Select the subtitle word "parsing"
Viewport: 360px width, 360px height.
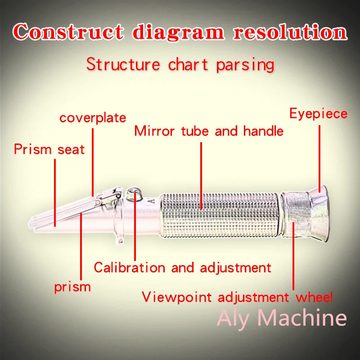(x=245, y=64)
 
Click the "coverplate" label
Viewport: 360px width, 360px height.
(x=93, y=118)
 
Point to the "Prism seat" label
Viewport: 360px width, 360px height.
(x=49, y=149)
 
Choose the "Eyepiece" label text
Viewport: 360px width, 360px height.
(x=318, y=113)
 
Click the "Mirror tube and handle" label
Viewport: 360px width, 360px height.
(x=209, y=131)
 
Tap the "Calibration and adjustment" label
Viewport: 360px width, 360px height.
(x=182, y=267)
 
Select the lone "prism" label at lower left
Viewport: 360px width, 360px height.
(x=72, y=287)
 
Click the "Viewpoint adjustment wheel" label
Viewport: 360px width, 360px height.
(x=237, y=297)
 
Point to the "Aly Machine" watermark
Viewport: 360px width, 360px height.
(x=282, y=318)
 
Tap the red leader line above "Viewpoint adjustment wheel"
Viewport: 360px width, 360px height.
(x=293, y=256)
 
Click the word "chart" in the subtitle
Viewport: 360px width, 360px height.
(x=188, y=64)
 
